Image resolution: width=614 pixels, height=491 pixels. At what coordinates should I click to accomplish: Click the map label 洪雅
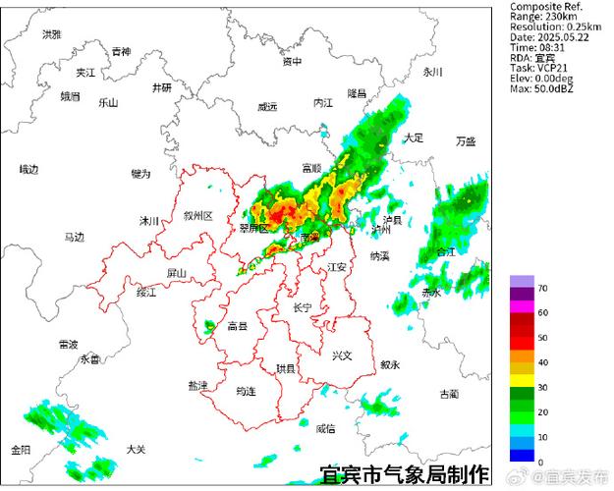click(51, 34)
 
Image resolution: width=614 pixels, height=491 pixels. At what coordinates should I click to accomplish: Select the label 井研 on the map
click(161, 87)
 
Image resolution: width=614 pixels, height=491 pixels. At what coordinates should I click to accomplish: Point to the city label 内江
click(323, 102)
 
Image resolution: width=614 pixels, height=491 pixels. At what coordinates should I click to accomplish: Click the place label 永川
click(433, 72)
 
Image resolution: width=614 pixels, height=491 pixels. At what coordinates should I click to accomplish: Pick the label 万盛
click(465, 141)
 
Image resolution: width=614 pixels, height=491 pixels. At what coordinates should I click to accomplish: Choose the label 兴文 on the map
click(341, 355)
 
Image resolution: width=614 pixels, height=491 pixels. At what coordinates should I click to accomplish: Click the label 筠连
click(246, 391)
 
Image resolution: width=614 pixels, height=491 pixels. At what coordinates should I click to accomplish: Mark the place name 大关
click(137, 449)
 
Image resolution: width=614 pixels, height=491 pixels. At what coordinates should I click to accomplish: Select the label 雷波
click(68, 345)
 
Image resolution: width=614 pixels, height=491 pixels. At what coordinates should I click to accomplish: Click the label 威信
click(325, 428)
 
